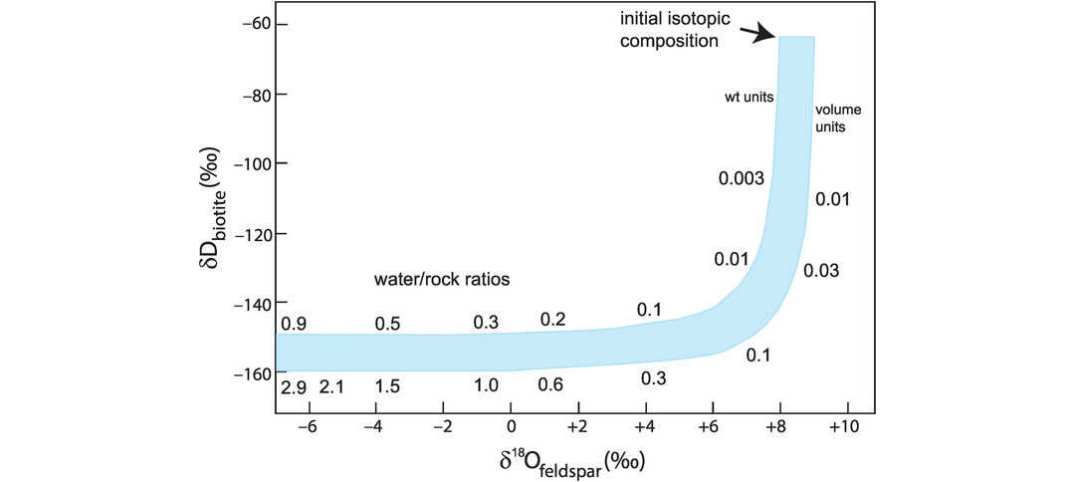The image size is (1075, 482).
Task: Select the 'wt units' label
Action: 749,97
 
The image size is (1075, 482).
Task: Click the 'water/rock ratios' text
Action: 442,281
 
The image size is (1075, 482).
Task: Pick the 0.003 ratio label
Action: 742,179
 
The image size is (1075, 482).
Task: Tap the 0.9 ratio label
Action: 293,324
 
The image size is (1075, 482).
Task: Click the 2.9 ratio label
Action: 293,386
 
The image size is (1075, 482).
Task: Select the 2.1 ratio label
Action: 331,386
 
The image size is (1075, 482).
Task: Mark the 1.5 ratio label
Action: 387,386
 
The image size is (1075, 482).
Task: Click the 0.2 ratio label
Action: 552,319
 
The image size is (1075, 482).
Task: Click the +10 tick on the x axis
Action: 846,426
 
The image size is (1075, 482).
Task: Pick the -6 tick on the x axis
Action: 308,426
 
